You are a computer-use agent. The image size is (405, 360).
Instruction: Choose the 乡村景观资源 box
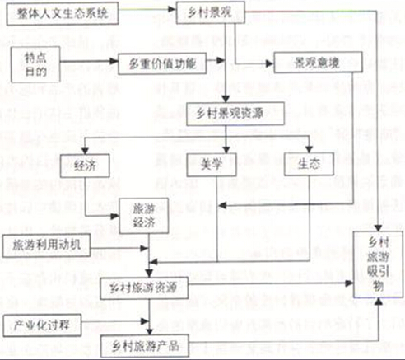[x=234, y=111]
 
